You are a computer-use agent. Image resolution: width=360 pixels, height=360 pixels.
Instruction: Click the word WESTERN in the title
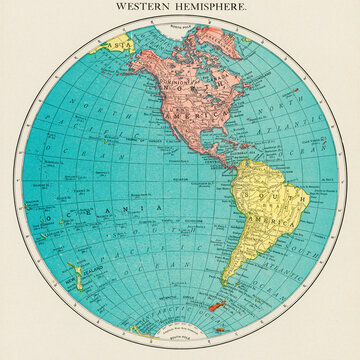[x=142, y=6]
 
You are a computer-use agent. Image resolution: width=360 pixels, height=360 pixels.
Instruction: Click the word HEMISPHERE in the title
[x=213, y=6]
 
